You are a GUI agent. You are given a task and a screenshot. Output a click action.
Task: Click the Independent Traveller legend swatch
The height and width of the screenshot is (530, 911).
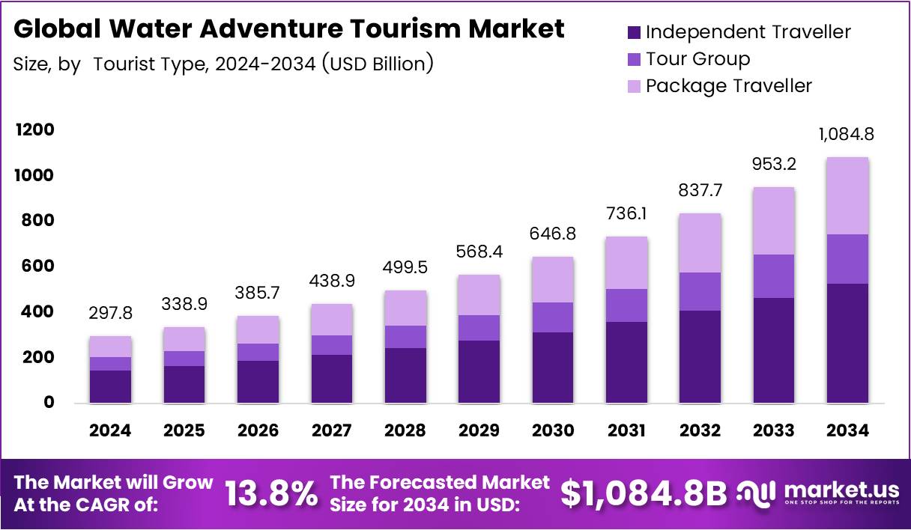(x=634, y=32)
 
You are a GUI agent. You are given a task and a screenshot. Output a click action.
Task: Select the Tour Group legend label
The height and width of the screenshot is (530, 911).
(x=697, y=58)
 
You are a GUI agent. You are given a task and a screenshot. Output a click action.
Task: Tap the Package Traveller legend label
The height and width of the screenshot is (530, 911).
(x=728, y=85)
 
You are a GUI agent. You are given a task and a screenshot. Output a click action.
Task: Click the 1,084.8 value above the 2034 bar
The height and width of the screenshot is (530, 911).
(x=847, y=135)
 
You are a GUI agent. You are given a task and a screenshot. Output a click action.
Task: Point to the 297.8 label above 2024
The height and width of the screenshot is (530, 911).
(x=109, y=314)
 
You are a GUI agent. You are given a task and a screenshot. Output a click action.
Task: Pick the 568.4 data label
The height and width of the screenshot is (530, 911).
(x=479, y=252)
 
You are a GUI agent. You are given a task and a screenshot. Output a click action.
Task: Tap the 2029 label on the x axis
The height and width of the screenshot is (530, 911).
(x=479, y=430)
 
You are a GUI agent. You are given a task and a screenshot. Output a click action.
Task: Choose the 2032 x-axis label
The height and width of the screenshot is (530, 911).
(x=701, y=430)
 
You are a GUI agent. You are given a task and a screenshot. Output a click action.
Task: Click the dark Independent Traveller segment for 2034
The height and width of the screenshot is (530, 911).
(x=848, y=343)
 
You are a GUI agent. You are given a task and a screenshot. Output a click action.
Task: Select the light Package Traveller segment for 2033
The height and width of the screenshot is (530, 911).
(x=775, y=221)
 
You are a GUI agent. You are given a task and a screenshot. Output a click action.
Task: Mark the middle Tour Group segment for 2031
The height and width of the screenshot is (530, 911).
(x=626, y=305)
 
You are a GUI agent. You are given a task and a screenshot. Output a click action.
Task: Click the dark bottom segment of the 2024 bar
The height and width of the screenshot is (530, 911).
(x=110, y=386)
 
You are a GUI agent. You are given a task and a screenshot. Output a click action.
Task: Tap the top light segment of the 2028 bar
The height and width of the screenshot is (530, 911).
(x=405, y=308)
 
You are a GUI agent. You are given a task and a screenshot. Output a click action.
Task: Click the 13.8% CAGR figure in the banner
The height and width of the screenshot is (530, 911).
(x=271, y=494)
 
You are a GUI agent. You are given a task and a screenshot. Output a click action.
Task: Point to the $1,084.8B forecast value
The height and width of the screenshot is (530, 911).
(x=644, y=493)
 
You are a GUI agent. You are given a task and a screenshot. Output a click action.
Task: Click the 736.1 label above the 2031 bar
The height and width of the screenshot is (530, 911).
(x=626, y=214)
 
